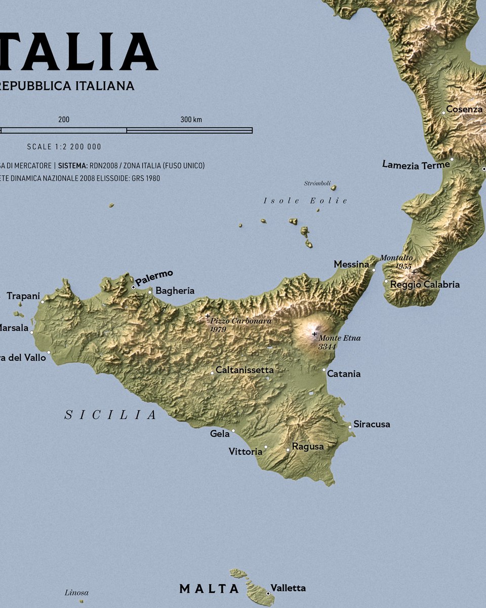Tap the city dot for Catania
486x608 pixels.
pos(324,370)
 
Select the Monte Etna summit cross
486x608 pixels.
pos(314,334)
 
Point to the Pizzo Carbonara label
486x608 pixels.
pos(240,321)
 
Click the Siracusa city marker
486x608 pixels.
pos(350,427)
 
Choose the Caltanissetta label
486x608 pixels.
pos(245,370)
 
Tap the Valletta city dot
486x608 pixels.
pos(268,593)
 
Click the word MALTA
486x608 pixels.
pos(209,589)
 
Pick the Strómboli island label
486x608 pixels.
pos(317,183)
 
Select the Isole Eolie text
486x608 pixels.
pos(305,201)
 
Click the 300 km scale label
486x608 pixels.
pos(191,120)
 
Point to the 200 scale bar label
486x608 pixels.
pos(64,120)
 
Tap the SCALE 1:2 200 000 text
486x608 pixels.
pos(64,147)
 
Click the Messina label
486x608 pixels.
pos(351,264)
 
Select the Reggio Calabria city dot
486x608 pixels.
pos(386,281)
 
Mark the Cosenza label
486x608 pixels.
pos(464,109)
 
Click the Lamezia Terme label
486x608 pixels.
pos(416,165)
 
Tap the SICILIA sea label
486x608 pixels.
pos(111,415)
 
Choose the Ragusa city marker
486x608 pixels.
pos(288,450)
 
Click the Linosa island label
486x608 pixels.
pos(76,592)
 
